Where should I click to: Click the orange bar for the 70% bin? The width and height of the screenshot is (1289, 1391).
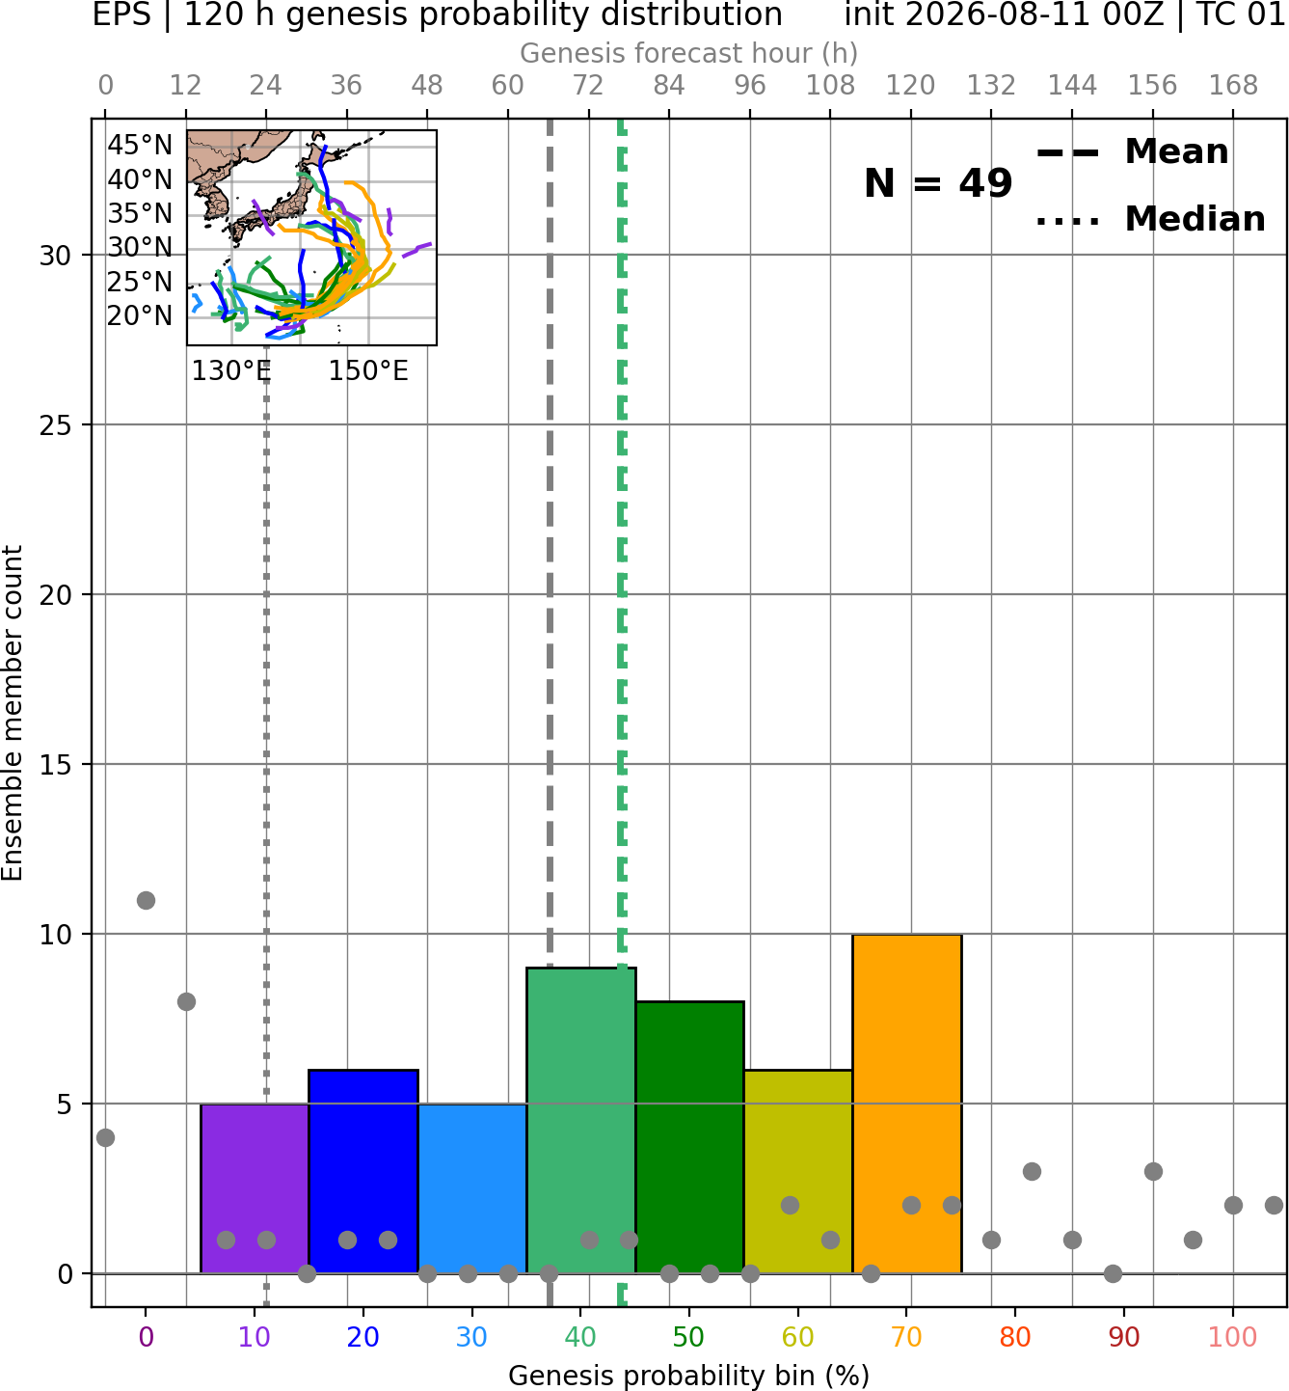click(907, 1104)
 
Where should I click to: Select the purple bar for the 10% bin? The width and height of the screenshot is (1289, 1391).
click(255, 1188)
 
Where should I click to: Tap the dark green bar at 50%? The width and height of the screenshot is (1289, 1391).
click(689, 1137)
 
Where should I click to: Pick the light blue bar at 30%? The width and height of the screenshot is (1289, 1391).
click(471, 1188)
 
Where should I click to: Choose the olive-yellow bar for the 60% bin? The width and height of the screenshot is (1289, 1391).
click(798, 1172)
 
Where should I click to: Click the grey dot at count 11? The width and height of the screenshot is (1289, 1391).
click(146, 900)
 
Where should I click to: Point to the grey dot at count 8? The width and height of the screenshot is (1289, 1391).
click(186, 1001)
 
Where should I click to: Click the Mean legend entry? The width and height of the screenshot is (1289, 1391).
click(1132, 151)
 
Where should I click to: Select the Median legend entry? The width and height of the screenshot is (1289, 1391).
click(1150, 219)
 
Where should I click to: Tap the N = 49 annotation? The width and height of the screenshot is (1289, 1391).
click(938, 183)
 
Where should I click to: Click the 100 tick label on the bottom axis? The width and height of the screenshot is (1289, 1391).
click(1232, 1337)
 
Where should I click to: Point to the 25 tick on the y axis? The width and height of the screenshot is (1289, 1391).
click(56, 424)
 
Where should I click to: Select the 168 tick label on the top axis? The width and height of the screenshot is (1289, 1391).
click(1234, 86)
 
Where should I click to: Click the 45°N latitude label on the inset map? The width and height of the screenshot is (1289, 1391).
click(140, 145)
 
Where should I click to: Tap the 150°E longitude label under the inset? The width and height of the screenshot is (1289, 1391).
click(368, 370)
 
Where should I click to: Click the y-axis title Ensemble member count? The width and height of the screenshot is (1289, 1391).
click(13, 713)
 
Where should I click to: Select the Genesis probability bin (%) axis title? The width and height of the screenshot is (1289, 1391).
click(689, 1376)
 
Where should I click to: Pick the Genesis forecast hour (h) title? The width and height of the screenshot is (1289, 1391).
click(689, 53)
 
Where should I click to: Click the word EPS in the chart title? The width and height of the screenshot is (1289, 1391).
click(121, 14)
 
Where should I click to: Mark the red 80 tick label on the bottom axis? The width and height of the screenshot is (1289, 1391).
click(1015, 1337)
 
